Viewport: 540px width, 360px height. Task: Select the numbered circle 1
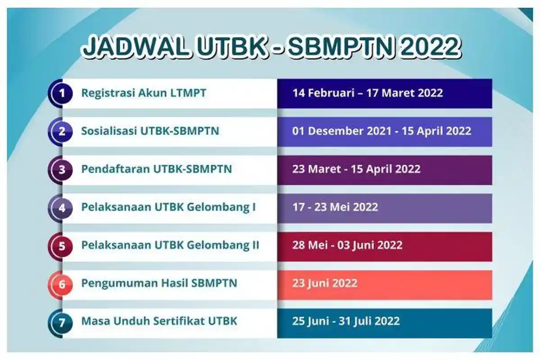[62, 93]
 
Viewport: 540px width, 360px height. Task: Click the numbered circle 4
[62, 208]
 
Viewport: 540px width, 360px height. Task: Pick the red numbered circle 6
[62, 284]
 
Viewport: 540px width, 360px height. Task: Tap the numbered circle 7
[62, 322]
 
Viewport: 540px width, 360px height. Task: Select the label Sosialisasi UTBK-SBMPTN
[150, 131]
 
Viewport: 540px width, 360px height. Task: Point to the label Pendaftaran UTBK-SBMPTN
[156, 169]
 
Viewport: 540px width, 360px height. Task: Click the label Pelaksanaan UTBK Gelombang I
[168, 207]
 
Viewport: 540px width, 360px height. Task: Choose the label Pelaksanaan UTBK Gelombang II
[170, 246]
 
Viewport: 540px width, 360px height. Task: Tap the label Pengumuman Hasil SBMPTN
[159, 283]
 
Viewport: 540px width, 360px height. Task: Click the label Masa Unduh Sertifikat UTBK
[159, 321]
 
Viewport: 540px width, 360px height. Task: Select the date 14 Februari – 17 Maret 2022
[368, 93]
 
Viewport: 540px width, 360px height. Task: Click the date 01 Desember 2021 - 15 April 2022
[382, 131]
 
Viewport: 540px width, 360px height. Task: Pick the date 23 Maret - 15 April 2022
[356, 169]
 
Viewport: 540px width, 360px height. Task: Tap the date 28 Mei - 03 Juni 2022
[347, 246]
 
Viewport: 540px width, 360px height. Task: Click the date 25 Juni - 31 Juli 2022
[346, 321]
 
